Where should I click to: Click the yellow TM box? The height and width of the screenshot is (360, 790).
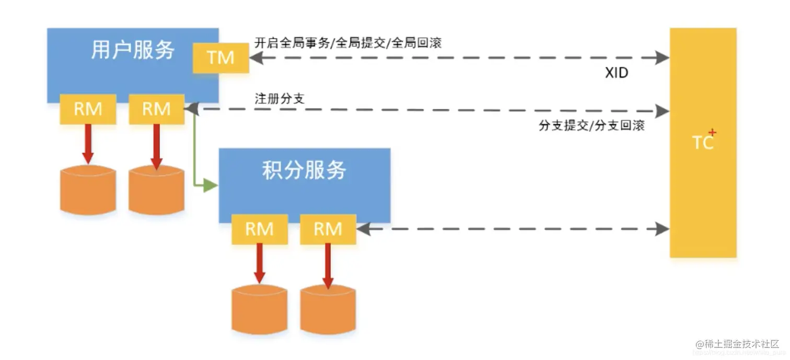pos(220,57)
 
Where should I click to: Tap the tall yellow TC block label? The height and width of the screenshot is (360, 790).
pos(702,142)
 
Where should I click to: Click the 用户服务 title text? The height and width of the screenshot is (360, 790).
pos(133,50)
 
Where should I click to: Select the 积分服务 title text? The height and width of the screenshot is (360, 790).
pos(304,170)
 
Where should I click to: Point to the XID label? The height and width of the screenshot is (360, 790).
pos(617,73)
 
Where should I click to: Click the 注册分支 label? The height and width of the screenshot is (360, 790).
pos(279,98)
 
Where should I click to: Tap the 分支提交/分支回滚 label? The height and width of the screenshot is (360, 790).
pos(591,126)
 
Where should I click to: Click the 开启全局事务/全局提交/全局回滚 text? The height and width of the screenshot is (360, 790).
pos(347,43)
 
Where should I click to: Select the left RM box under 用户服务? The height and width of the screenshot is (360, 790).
pos(87,109)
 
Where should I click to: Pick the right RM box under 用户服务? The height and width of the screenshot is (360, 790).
pos(156,109)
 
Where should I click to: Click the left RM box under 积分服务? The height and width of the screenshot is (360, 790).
pos(259,229)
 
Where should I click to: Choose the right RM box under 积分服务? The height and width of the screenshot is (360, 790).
pos(328,229)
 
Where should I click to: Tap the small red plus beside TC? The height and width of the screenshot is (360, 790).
pos(712,133)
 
